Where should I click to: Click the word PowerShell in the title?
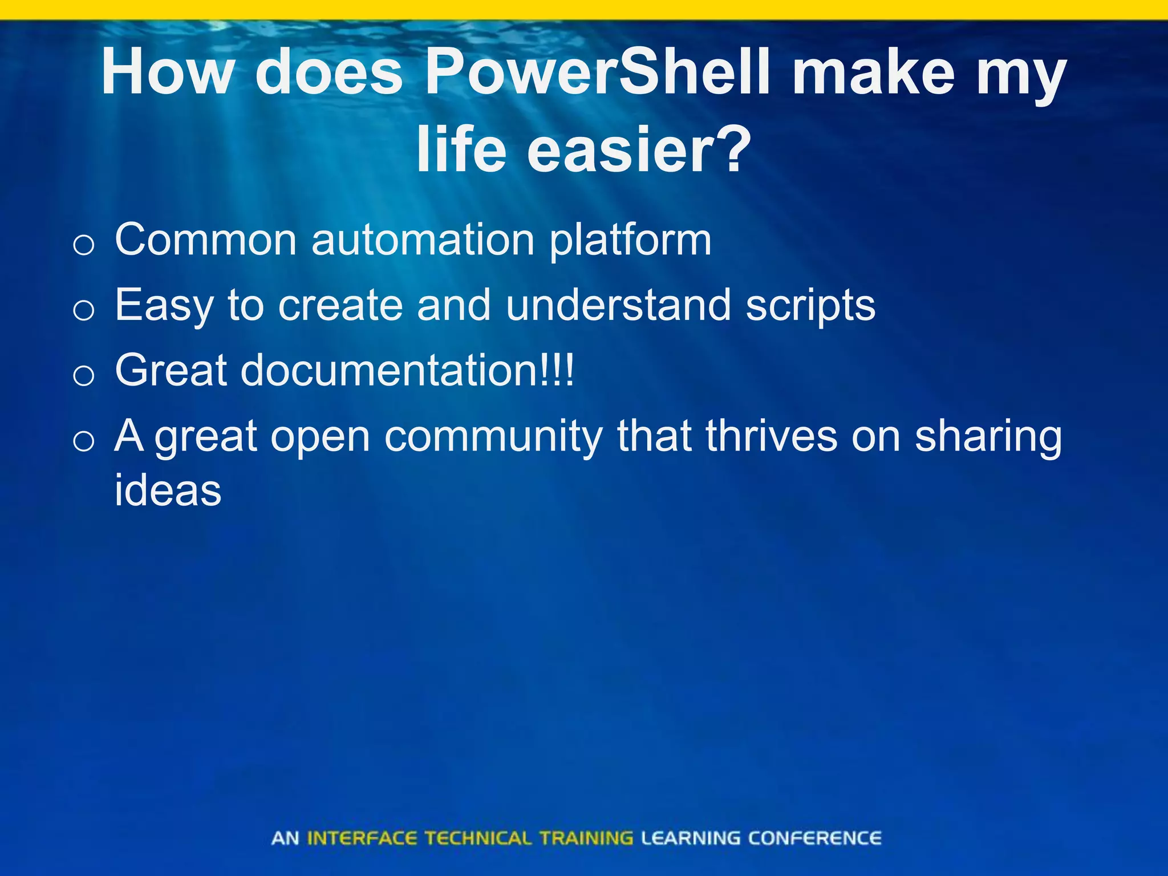pyautogui.click(x=599, y=72)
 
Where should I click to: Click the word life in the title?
pyautogui.click(x=461, y=149)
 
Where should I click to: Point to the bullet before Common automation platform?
pyautogui.click(x=84, y=246)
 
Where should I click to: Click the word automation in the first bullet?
pyautogui.click(x=423, y=240)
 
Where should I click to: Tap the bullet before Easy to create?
pyautogui.click(x=84, y=311)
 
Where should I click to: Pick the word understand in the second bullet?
pyautogui.click(x=618, y=305)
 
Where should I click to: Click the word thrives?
pyautogui.click(x=771, y=436)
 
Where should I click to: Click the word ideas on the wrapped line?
pyautogui.click(x=168, y=490)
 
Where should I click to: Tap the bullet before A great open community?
pyautogui.click(x=84, y=441)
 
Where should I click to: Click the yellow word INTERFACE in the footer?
pyautogui.click(x=362, y=838)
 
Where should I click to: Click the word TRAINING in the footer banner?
pyautogui.click(x=586, y=838)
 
